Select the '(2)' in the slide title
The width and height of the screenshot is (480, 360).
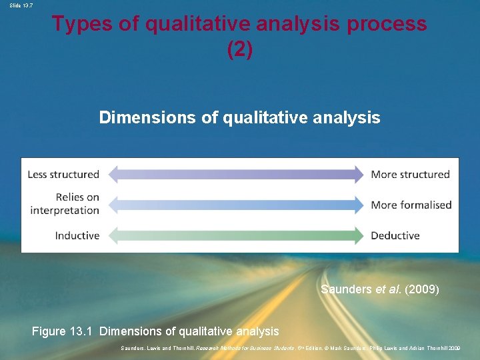[x=239, y=50]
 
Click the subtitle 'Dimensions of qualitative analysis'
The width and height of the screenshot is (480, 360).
[x=239, y=118]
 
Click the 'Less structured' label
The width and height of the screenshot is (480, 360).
[x=63, y=175]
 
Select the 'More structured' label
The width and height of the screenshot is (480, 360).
[x=410, y=175]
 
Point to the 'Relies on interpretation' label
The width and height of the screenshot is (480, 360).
[x=65, y=204]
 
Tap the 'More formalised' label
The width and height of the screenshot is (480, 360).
[x=411, y=205]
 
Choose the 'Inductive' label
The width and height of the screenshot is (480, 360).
[x=77, y=235]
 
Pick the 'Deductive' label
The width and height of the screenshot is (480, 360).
[x=395, y=235]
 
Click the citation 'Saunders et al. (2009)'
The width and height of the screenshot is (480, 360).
[x=379, y=290]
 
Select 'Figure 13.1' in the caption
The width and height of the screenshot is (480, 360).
[x=63, y=331]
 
